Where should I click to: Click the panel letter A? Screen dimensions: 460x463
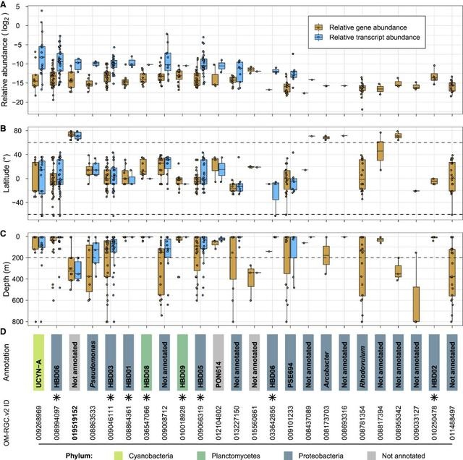coord(4,4)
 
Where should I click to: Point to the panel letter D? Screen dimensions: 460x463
coord(4,333)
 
